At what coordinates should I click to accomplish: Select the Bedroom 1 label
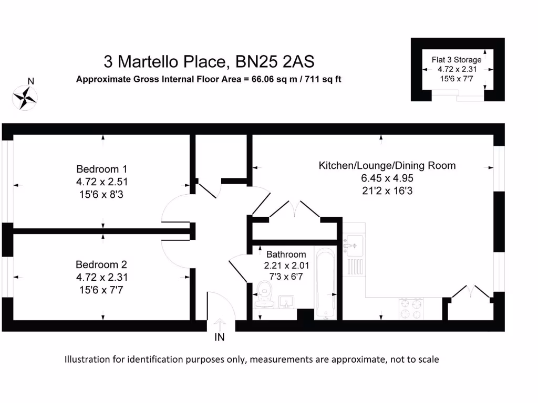coord(102,169)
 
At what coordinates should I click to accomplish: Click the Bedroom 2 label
coord(101,264)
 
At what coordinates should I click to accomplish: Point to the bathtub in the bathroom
coord(327,282)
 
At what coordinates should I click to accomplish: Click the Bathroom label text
coord(286,254)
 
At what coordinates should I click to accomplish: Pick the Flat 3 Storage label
coord(457,60)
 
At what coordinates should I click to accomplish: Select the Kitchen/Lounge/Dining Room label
coord(387,166)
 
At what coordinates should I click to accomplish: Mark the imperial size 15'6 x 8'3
coord(102,194)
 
